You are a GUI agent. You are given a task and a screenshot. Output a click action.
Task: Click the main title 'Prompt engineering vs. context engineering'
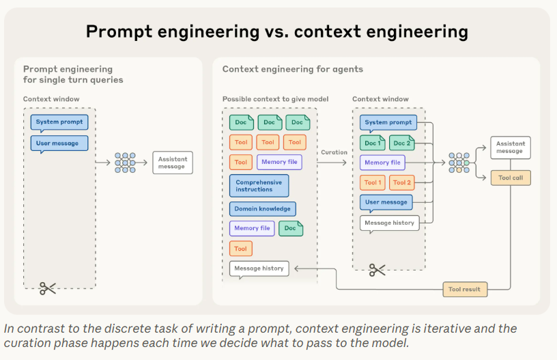[276, 31]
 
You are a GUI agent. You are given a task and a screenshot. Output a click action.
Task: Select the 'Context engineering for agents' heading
[292, 69]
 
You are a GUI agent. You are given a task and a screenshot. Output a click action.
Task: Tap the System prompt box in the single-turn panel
[59, 122]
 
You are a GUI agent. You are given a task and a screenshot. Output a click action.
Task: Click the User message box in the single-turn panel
[59, 143]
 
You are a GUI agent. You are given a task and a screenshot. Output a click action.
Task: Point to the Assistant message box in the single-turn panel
[173, 163]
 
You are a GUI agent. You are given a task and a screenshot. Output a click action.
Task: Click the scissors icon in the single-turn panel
[47, 288]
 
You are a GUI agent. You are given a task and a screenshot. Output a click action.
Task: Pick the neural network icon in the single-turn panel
[125, 163]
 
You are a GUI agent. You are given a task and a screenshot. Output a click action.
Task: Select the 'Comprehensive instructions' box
[259, 186]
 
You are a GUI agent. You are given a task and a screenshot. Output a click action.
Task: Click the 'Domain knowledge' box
[263, 208]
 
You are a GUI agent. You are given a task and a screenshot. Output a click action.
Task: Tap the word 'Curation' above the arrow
[334, 152]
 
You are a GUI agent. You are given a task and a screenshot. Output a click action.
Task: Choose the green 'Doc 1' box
[373, 143]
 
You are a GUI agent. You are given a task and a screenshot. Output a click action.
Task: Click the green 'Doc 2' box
[401, 143]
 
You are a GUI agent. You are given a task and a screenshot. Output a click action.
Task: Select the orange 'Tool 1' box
[373, 182]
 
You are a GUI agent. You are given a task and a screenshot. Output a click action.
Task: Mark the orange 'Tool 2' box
[401, 182]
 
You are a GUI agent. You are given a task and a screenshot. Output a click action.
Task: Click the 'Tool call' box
[510, 178]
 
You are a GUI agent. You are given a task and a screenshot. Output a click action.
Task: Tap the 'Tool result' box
[466, 289]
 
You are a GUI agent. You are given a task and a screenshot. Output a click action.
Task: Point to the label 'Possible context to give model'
[275, 99]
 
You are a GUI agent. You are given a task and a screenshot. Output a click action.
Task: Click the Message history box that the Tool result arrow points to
[259, 268]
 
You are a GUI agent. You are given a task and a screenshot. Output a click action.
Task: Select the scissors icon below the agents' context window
[377, 270]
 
